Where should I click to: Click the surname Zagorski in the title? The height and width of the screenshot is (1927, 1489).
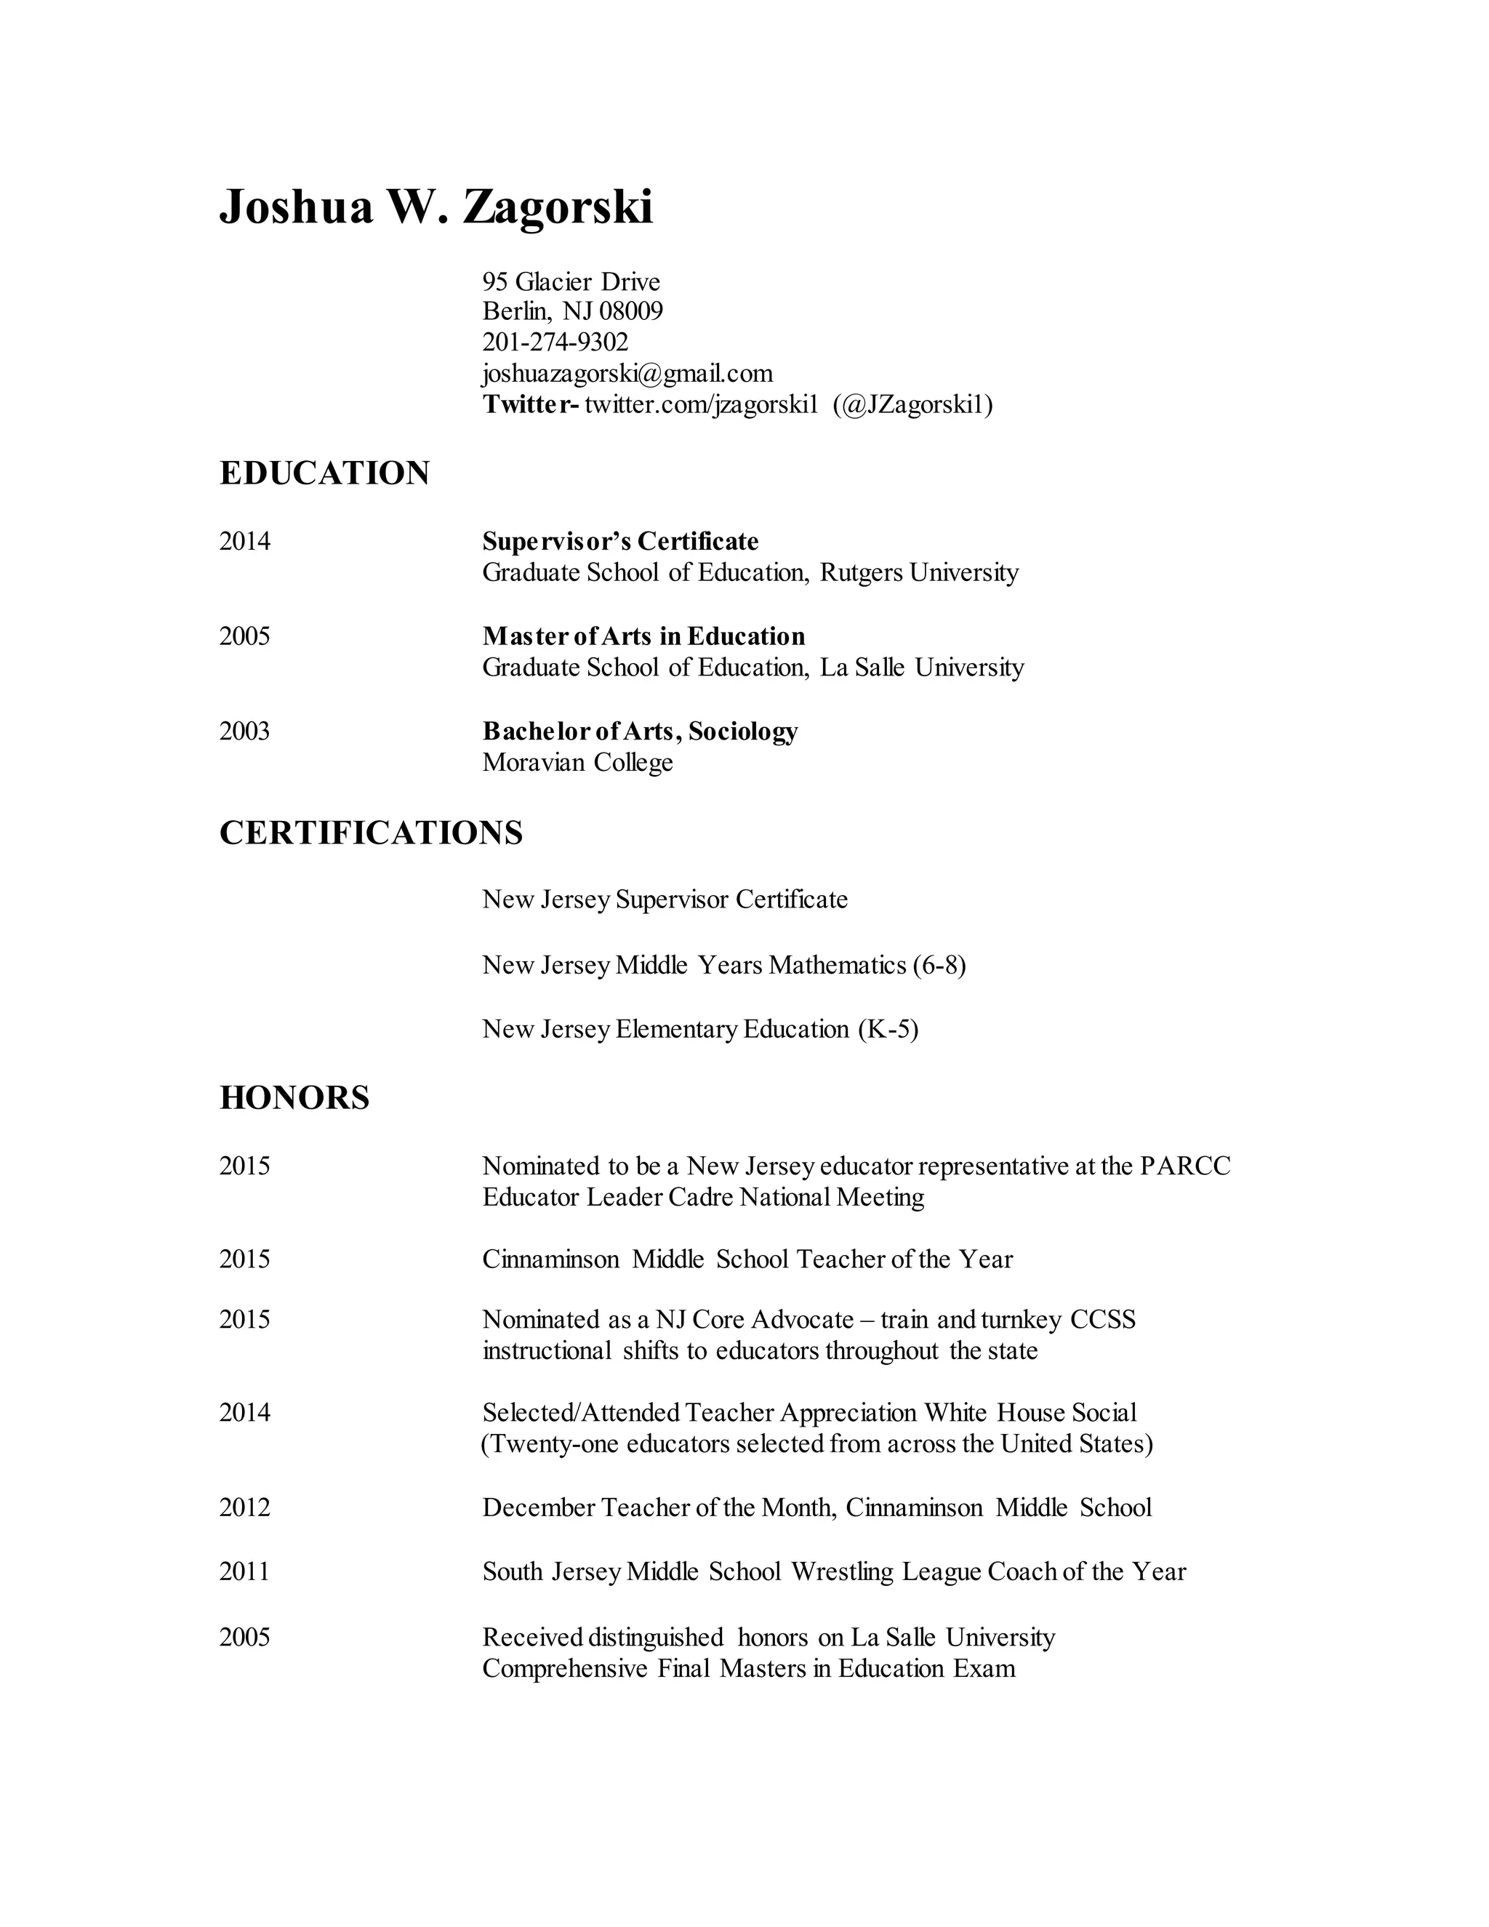click(558, 207)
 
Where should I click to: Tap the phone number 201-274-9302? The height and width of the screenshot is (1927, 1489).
click(555, 342)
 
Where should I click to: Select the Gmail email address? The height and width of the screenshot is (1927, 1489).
click(627, 373)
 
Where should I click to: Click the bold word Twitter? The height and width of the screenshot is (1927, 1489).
click(529, 405)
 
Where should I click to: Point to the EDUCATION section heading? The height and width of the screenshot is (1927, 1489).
click(324, 474)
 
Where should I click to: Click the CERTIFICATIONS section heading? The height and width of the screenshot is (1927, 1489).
click(371, 833)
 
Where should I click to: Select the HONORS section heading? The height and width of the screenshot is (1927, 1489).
click(294, 1097)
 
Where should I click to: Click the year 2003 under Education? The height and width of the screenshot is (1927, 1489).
click(244, 732)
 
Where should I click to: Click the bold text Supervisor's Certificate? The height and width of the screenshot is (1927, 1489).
click(620, 541)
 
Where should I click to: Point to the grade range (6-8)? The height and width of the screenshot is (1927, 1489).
click(939, 965)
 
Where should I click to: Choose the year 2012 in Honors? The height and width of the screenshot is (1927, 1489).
click(244, 1508)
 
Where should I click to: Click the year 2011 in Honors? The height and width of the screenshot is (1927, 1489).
click(244, 1571)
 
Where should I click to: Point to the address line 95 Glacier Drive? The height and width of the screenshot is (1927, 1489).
click(571, 282)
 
